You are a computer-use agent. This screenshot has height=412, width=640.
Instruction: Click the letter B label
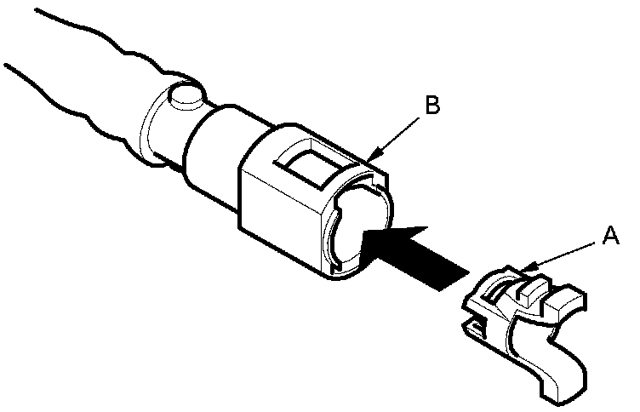coord(431,106)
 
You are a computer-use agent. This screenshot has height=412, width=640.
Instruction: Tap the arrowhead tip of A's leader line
coord(525,270)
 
